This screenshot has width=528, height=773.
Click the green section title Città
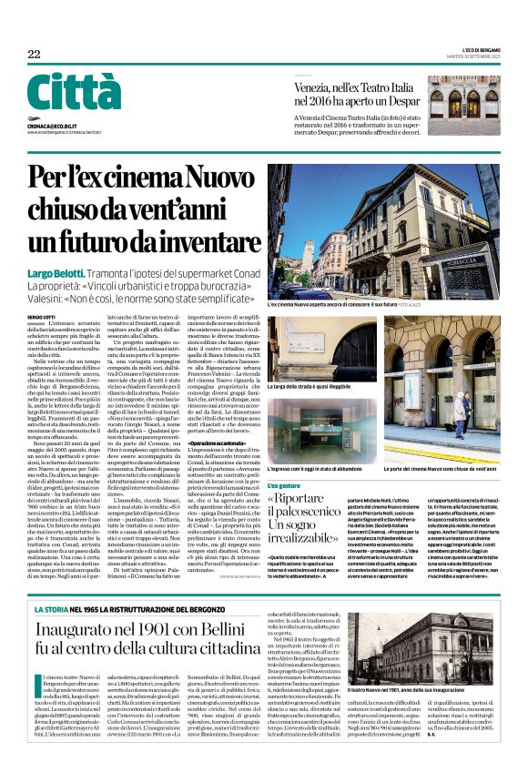tap(74, 92)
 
